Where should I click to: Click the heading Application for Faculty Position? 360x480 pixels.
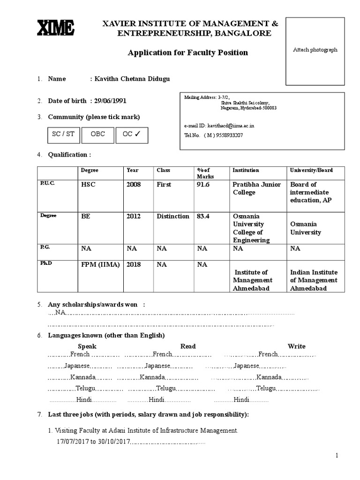coord(188,52)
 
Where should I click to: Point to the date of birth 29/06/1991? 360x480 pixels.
coord(110,101)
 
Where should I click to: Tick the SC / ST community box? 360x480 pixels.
coord(63,134)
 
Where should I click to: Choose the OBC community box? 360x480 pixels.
coord(98,134)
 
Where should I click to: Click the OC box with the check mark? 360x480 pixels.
coord(132,134)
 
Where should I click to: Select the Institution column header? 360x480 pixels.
coord(246,170)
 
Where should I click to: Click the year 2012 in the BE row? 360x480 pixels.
coord(133,217)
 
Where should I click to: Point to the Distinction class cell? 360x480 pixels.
coord(173,217)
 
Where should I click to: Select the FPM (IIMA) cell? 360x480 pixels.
coord(100,264)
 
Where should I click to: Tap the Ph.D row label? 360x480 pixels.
coord(46,263)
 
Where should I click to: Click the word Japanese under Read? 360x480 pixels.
coord(158,366)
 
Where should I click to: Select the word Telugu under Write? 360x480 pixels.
coord(266,388)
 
